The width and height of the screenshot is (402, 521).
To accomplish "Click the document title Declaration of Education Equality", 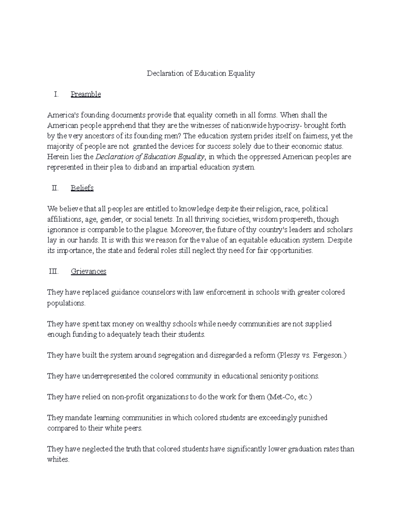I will [x=201, y=73].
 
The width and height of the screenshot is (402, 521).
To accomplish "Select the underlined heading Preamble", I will [x=86, y=94].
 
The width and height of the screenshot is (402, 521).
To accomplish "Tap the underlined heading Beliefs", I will [x=82, y=188].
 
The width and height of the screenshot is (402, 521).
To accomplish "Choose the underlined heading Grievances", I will [x=88, y=271].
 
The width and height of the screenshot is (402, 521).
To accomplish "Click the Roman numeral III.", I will [x=54, y=271].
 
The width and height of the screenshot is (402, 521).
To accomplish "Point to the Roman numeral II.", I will [x=55, y=188].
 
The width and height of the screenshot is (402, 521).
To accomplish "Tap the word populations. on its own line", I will [x=66, y=303].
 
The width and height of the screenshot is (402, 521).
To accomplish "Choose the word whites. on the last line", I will [x=58, y=459].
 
